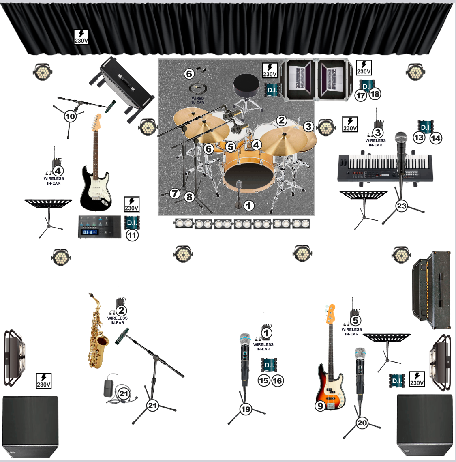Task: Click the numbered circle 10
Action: pyautogui.click(x=70, y=116)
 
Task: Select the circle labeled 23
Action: pyautogui.click(x=402, y=206)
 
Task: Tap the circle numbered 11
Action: pyautogui.click(x=132, y=235)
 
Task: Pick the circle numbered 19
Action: pyautogui.click(x=246, y=409)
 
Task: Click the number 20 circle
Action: pyautogui.click(x=362, y=423)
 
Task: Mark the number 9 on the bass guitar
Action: pyautogui.click(x=320, y=406)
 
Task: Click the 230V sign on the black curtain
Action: pyautogui.click(x=81, y=37)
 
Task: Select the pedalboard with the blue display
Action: pyautogui.click(x=100, y=227)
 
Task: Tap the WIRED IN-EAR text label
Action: pyautogui.click(x=198, y=101)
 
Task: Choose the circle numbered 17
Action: pyautogui.click(x=361, y=95)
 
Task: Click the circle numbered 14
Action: pyautogui.click(x=436, y=138)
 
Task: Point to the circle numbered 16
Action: pyautogui.click(x=277, y=381)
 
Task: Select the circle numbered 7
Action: pyautogui.click(x=175, y=193)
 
